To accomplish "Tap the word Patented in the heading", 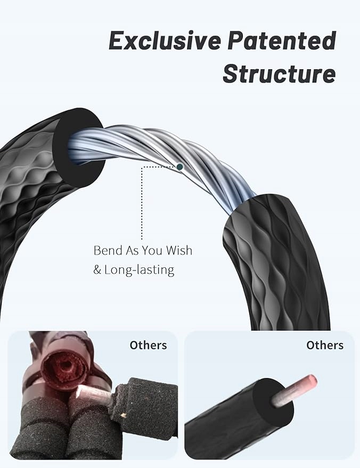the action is pos(285,41).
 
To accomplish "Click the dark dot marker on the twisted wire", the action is pos(180,167).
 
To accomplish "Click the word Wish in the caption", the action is pos(178,250).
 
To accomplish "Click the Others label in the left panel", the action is pos(148,345).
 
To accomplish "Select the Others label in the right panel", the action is pos(324,345).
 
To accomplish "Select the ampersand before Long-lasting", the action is pos(97,270).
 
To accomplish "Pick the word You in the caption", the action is pos(154,250).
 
